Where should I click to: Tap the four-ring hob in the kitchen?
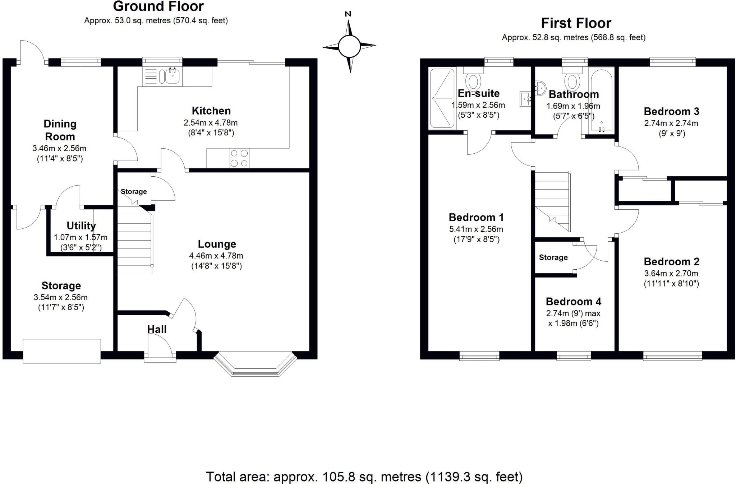pos(239,158)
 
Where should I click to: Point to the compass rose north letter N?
pos(348,14)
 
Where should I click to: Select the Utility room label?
pos(81,226)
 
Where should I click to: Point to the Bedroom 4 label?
pos(573,302)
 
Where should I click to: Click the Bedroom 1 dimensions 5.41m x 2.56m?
pos(476,229)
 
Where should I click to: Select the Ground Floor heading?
pos(158,6)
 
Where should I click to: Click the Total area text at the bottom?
pos(364,477)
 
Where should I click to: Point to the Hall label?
pos(157,329)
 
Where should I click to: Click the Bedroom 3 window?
pos(673,62)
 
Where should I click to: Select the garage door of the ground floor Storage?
pos(61,351)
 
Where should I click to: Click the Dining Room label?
pos(60,130)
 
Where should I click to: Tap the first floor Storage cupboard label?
pos(553,257)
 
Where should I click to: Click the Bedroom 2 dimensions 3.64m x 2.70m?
pos(671,273)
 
